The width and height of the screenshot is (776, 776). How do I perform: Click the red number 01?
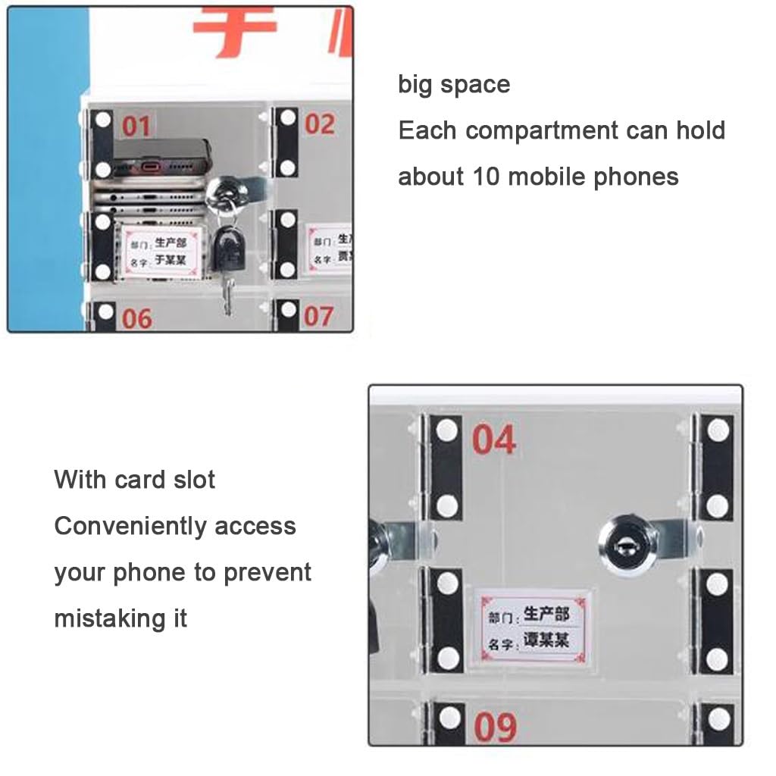coord(136,126)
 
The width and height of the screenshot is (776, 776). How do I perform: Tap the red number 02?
coord(319,124)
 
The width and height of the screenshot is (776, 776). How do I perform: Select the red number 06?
coord(137,318)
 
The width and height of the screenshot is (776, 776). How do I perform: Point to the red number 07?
coord(318,316)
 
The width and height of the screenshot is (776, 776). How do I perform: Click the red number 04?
coord(494,440)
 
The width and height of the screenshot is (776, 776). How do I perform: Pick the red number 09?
coord(496,727)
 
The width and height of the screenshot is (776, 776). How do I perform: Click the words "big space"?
coord(454,84)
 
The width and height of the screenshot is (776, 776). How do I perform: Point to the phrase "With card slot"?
coord(135,480)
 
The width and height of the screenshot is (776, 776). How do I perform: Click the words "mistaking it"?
coord(120,618)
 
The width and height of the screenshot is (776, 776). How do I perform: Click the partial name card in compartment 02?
coord(331,249)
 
